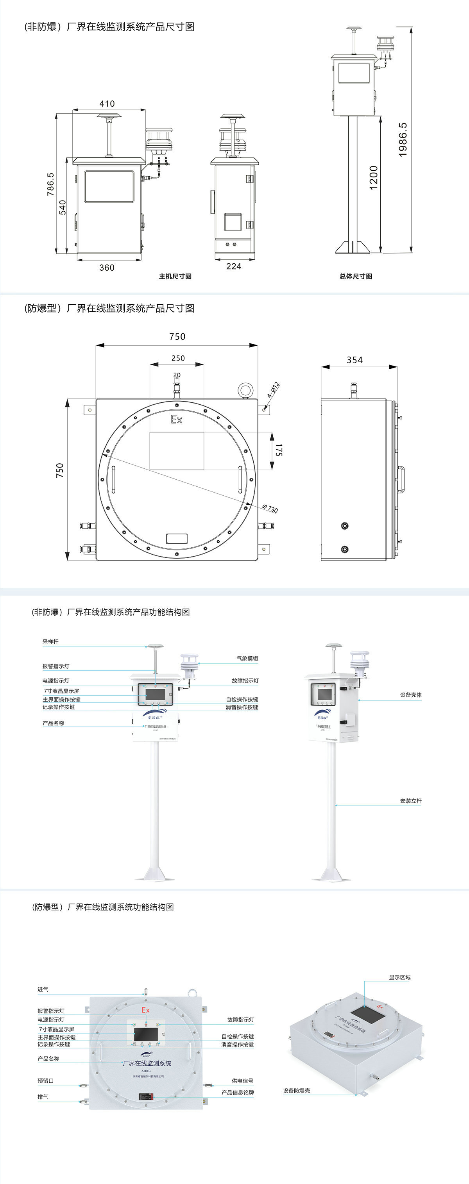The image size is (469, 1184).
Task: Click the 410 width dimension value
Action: point(107,104)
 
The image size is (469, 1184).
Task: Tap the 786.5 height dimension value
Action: point(50,184)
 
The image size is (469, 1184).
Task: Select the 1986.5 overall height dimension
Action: point(403,140)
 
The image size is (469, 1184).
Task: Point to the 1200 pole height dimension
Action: point(373,177)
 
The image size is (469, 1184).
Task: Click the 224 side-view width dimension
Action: point(234,266)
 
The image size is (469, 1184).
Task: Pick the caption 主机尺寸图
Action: point(175,276)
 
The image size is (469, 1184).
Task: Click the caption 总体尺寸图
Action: point(356,276)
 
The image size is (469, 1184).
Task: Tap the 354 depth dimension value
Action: point(354,360)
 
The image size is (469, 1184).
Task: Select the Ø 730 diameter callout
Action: point(270,508)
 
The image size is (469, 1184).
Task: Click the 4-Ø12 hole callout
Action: point(274,389)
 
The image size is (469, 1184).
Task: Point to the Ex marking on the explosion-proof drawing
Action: point(177,419)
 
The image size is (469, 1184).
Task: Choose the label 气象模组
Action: point(247,658)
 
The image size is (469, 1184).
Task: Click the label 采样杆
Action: point(50,642)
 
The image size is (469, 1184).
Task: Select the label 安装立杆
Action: point(411,801)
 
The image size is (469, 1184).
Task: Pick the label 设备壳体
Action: point(411,695)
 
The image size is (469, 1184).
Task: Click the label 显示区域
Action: point(399,977)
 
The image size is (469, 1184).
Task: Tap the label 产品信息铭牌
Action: point(238,1093)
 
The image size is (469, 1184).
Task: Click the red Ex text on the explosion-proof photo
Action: point(145,1010)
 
